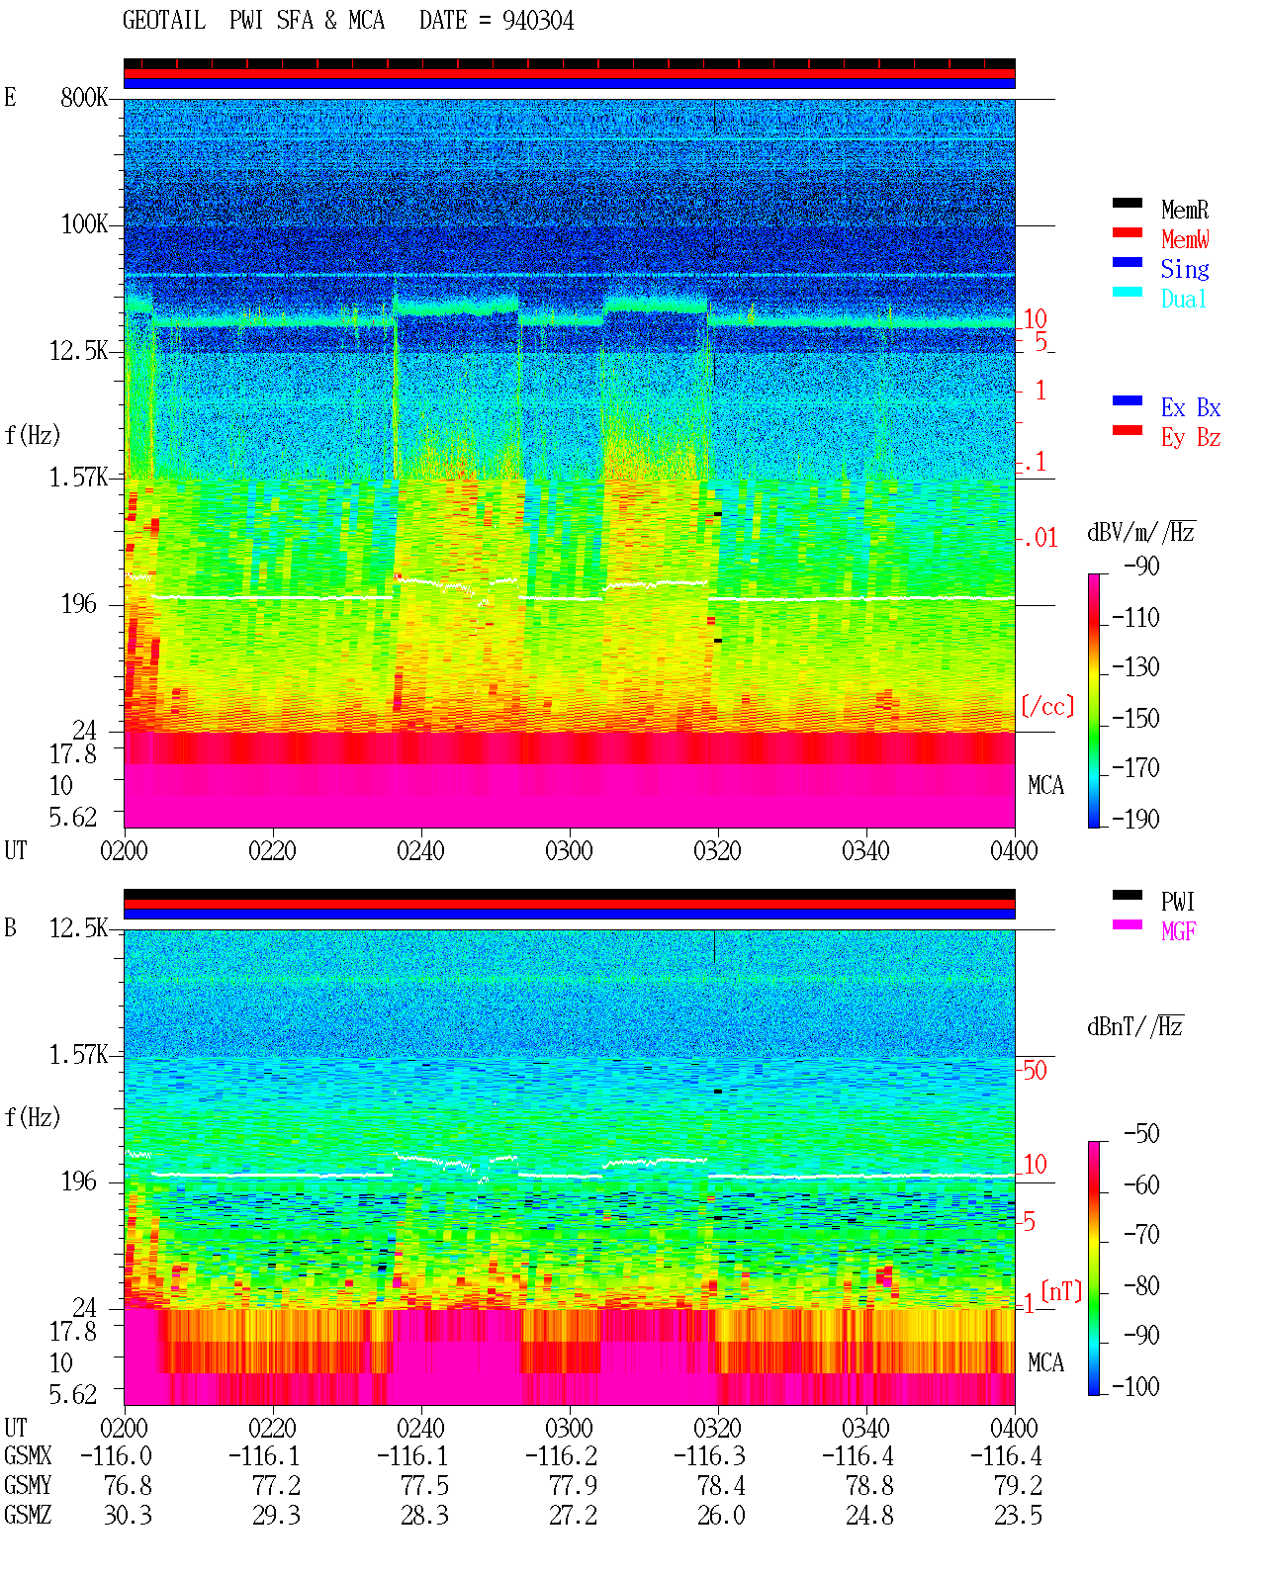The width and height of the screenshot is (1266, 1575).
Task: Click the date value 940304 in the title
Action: (x=537, y=21)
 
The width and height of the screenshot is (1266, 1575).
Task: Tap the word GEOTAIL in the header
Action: (x=164, y=21)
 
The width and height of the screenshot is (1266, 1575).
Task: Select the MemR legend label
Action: (x=1185, y=210)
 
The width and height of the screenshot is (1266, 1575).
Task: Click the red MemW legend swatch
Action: (x=1127, y=232)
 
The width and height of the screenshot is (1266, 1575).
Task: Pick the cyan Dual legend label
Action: (x=1184, y=300)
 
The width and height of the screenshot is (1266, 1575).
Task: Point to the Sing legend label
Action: (x=1185, y=269)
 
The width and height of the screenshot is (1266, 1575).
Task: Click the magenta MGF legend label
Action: (x=1178, y=931)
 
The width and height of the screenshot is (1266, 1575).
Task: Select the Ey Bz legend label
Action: (x=1191, y=438)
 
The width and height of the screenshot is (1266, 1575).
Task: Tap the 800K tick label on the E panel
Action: (x=84, y=97)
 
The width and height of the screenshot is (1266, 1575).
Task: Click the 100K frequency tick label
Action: (x=84, y=224)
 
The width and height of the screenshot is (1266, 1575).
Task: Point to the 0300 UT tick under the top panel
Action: (x=569, y=851)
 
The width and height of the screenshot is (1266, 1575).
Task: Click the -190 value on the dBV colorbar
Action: (x=1135, y=819)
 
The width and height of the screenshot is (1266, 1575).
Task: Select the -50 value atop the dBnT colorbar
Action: (x=1141, y=1134)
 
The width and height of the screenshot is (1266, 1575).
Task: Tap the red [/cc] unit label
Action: (x=1047, y=706)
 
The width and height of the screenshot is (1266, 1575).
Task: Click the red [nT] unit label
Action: (x=1061, y=1291)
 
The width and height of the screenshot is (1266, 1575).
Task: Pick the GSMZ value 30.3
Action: (x=128, y=1516)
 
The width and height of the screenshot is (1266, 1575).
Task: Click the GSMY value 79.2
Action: (x=1018, y=1486)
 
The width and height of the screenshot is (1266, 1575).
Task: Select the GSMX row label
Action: (x=28, y=1456)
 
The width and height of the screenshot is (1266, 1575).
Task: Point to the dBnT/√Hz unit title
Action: (x=1134, y=1027)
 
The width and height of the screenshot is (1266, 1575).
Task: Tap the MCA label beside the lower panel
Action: (x=1045, y=1362)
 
